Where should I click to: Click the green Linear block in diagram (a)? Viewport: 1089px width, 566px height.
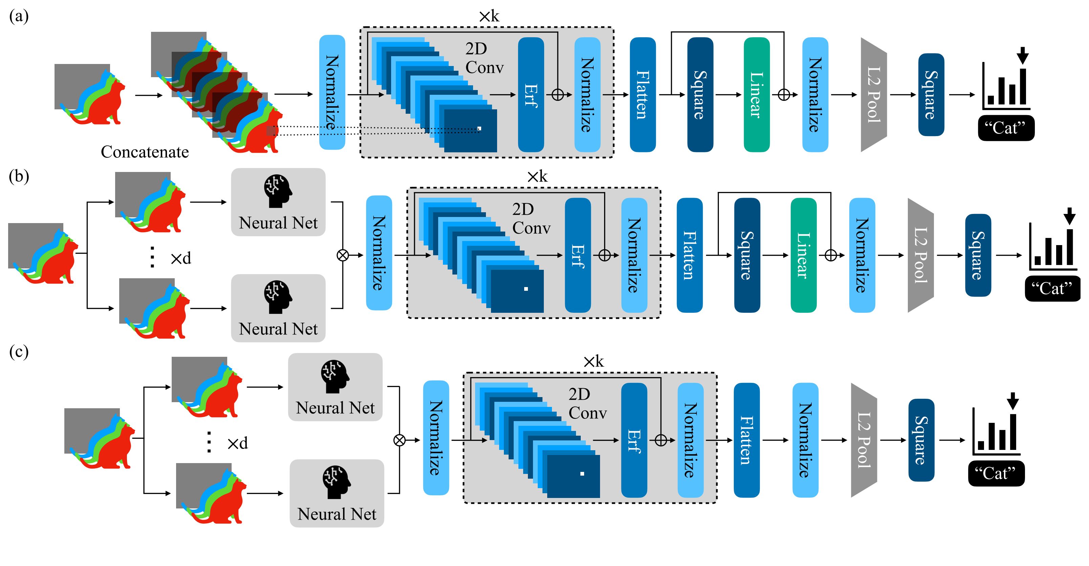tap(756, 95)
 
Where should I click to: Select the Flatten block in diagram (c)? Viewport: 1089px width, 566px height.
tap(747, 440)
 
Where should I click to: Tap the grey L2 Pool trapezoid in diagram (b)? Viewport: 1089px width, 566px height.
tap(920, 255)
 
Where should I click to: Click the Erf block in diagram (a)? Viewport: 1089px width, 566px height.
tap(531, 95)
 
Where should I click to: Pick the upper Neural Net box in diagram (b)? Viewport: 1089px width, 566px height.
tap(278, 202)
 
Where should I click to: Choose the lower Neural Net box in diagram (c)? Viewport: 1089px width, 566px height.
tap(337, 493)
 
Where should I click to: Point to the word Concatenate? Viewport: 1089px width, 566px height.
tap(145, 152)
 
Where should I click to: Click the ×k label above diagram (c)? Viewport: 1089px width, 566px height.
tap(594, 362)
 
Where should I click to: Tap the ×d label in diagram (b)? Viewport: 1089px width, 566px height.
tap(181, 258)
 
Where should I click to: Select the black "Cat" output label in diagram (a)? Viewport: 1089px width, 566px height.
tap(1006, 128)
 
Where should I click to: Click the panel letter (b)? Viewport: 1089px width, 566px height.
tap(19, 176)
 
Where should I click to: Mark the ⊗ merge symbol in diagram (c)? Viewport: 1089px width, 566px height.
tap(400, 440)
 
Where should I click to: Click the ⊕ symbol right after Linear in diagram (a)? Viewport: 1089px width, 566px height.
tap(784, 95)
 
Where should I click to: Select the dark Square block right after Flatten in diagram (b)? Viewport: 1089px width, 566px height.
tap(747, 255)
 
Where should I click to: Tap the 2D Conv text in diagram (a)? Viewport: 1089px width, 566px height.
tap(484, 58)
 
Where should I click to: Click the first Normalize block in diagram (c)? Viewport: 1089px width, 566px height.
tap(436, 438)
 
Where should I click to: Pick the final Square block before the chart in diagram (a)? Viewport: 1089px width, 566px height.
tap(931, 95)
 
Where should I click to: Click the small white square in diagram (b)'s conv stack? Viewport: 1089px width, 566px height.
tap(526, 289)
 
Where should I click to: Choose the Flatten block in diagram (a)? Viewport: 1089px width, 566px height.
tap(643, 95)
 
